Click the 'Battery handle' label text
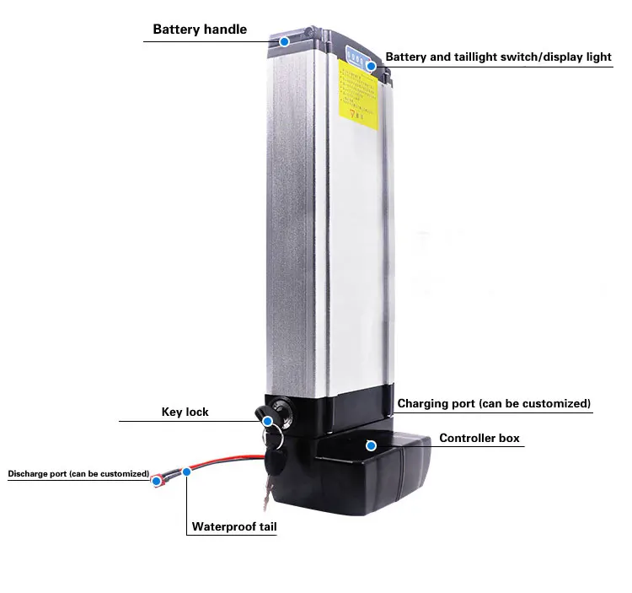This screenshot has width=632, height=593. click(200, 30)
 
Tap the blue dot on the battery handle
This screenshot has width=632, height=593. click(284, 40)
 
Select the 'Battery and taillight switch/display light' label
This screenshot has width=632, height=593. click(498, 57)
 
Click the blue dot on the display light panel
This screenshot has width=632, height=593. click(371, 65)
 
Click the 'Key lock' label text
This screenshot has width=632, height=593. click(185, 412)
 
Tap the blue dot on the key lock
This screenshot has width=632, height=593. click(267, 421)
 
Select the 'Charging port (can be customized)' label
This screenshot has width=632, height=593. click(494, 404)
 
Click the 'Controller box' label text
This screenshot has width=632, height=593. click(479, 439)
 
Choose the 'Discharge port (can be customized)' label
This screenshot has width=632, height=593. click(78, 474)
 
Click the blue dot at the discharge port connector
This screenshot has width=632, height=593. click(157, 481)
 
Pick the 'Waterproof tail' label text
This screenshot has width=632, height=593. click(234, 527)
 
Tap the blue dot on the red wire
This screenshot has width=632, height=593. click(187, 472)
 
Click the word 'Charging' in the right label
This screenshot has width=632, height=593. click(424, 404)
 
